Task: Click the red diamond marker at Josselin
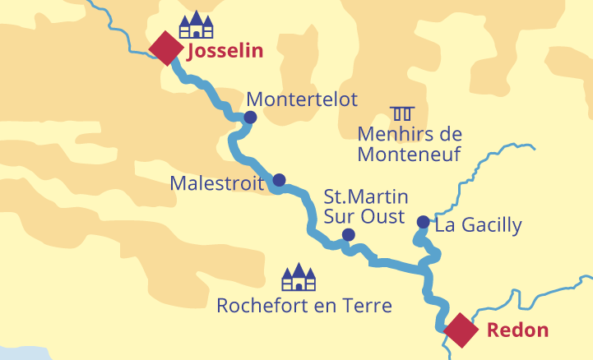[166, 48]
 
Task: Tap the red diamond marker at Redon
[461, 330]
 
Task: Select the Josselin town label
[225, 51]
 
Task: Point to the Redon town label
[517, 330]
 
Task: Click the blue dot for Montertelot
[250, 118]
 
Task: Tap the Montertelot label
[302, 99]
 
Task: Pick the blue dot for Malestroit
[279, 180]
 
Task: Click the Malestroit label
[217, 182]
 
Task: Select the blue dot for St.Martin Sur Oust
[348, 235]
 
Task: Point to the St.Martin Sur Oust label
[364, 206]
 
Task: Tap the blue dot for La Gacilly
[423, 222]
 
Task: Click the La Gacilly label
[478, 224]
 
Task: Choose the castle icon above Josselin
[196, 25]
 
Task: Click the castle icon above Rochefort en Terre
[299, 278]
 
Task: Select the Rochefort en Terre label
[303, 306]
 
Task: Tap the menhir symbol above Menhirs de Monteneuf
[402, 113]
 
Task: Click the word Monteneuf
[409, 153]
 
